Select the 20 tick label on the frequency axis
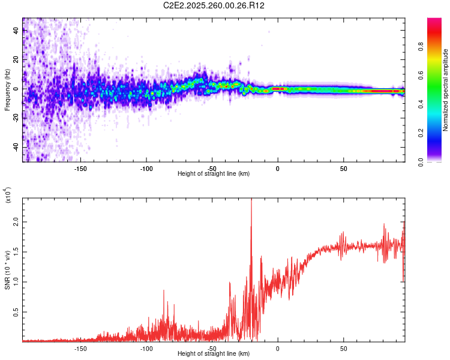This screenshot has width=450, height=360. (x=16, y=60)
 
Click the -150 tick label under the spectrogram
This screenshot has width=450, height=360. (x=80, y=168)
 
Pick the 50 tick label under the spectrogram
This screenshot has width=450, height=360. (x=343, y=168)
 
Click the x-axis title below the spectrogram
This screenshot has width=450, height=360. (x=214, y=174)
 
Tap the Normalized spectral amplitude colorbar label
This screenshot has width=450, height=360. (x=446, y=90)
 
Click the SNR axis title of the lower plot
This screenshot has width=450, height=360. (x=7, y=270)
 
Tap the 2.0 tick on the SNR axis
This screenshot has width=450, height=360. (x=16, y=222)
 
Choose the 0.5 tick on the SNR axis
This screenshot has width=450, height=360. (x=16, y=312)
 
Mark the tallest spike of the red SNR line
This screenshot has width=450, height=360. (x=251, y=200)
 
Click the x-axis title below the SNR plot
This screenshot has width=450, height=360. (x=214, y=354)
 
